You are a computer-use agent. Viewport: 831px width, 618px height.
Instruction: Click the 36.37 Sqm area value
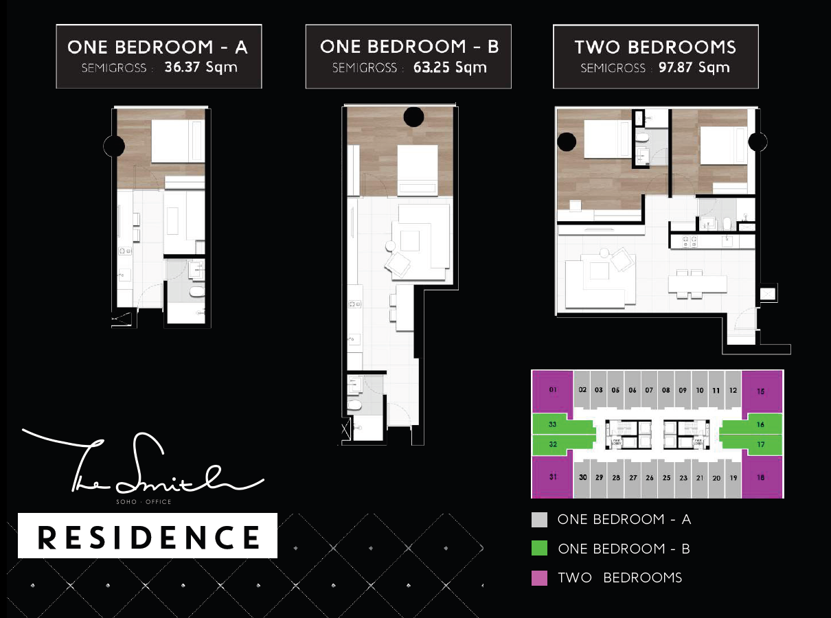pyautogui.click(x=201, y=68)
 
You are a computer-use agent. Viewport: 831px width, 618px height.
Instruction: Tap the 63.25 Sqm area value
pyautogui.click(x=450, y=67)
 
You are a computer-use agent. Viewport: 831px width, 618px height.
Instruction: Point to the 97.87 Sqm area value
pyautogui.click(x=694, y=67)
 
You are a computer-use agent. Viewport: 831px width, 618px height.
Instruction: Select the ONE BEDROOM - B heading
pyautogui.click(x=409, y=47)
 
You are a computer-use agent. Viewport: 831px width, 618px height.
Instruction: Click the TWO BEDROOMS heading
pyautogui.click(x=655, y=47)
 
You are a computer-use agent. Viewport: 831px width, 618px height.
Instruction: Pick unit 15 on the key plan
pyautogui.click(x=760, y=391)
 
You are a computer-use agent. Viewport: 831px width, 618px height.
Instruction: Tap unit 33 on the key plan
pyautogui.click(x=553, y=424)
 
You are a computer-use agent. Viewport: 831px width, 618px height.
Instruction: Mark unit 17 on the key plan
pyautogui.click(x=760, y=444)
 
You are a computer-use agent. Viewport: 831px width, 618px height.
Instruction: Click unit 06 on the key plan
pyautogui.click(x=633, y=390)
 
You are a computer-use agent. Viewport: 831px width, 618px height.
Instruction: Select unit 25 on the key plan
pyautogui.click(x=666, y=477)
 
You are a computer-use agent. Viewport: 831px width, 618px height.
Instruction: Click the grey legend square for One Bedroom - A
pyautogui.click(x=540, y=520)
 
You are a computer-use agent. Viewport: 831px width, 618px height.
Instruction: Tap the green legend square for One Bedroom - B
pyautogui.click(x=540, y=549)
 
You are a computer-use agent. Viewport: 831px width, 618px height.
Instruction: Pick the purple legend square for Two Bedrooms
pyautogui.click(x=540, y=577)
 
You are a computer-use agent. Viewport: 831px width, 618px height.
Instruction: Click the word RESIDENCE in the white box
pyautogui.click(x=148, y=536)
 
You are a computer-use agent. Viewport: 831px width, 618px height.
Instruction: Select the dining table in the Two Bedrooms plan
pyautogui.click(x=697, y=284)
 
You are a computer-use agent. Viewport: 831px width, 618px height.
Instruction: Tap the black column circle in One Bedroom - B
pyautogui.click(x=413, y=117)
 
